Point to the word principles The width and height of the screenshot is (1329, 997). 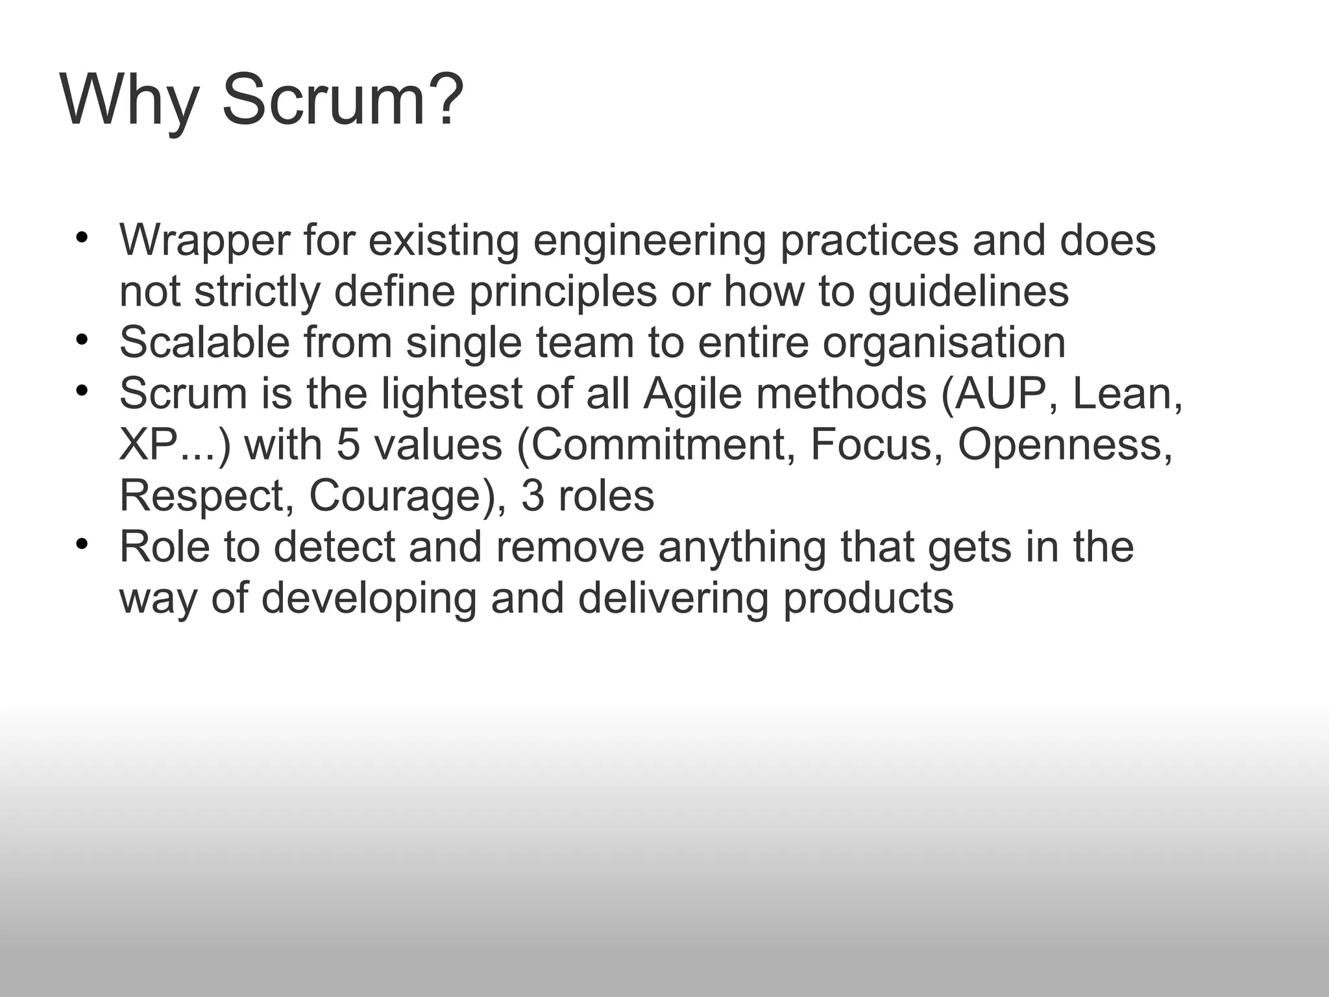(x=563, y=292)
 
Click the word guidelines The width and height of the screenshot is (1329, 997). (x=968, y=292)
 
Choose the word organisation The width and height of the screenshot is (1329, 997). (x=944, y=343)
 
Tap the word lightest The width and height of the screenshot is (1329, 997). (x=452, y=394)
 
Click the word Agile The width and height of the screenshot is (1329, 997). (x=692, y=394)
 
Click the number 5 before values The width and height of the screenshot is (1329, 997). (x=348, y=445)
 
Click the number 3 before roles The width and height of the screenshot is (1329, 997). (x=532, y=497)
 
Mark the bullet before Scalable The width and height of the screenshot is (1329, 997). (x=80, y=339)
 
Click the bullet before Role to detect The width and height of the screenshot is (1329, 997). (x=80, y=543)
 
